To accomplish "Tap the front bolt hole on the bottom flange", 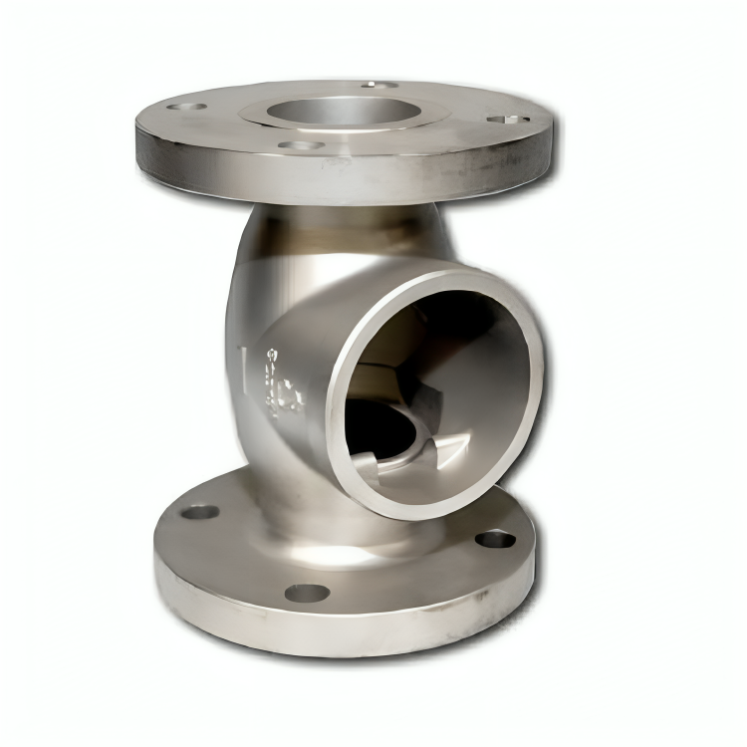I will [x=307, y=593].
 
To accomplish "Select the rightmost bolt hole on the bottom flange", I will [x=495, y=540].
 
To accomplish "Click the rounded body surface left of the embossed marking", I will [x=244, y=329].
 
